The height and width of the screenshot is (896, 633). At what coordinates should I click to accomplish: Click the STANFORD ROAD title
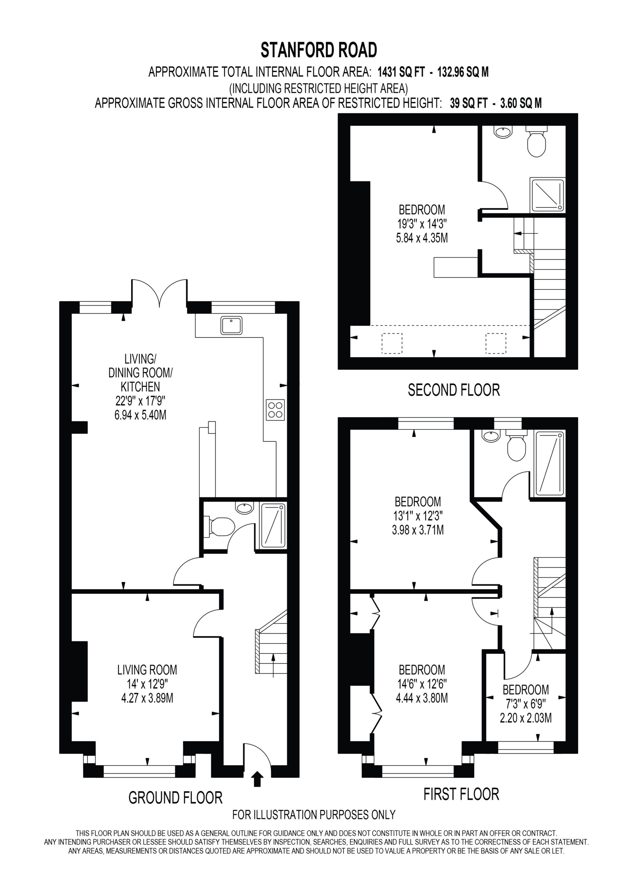319,50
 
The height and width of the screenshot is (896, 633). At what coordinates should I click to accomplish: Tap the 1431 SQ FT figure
402,72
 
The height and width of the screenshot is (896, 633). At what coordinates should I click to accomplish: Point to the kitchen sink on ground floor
231,325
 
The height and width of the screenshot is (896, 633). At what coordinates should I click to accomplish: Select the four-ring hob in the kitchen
275,410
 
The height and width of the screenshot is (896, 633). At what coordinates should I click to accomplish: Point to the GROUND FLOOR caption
176,798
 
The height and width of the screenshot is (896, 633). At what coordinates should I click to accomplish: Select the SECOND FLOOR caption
454,390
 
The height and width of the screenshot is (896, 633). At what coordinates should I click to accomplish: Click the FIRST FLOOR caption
461,794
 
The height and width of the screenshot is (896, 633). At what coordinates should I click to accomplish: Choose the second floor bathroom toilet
536,141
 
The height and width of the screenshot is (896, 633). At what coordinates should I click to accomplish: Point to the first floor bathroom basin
490,436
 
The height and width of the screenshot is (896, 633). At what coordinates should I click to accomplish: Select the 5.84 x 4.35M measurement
422,238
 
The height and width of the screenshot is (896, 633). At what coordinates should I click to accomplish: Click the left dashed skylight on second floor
392,343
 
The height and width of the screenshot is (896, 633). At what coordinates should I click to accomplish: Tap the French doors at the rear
159,292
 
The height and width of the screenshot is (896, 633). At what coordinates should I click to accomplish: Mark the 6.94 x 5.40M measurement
140,415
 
